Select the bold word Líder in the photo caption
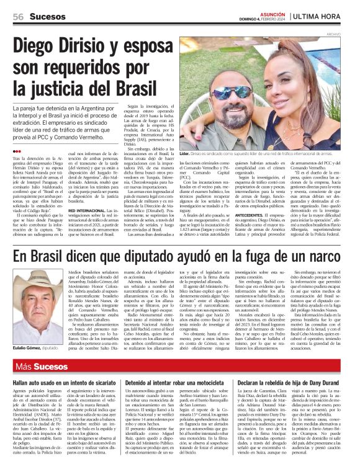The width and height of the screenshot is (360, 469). tap(184, 153)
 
